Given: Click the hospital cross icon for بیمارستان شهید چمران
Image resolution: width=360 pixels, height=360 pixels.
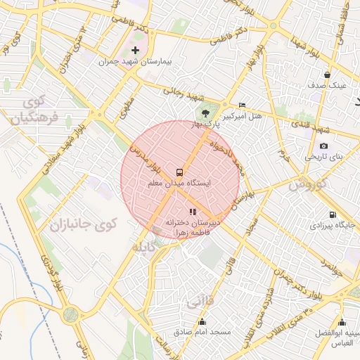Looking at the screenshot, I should pos(136,51).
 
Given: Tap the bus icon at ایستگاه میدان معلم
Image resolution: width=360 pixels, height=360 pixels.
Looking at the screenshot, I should pos(180,172).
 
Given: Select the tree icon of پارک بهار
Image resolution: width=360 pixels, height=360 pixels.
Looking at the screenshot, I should pos(205,112).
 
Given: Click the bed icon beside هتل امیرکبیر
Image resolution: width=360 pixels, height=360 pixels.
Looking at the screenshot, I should pos(243,104).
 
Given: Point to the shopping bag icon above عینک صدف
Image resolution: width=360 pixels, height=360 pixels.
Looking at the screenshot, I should pos(327,75).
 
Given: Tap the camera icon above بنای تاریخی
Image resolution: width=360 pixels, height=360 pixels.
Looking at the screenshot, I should pos(323,146).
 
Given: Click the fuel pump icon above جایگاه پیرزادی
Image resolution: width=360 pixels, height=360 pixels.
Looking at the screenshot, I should pos(332,214).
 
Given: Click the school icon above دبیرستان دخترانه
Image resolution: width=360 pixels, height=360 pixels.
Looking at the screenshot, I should pos(193,211).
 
